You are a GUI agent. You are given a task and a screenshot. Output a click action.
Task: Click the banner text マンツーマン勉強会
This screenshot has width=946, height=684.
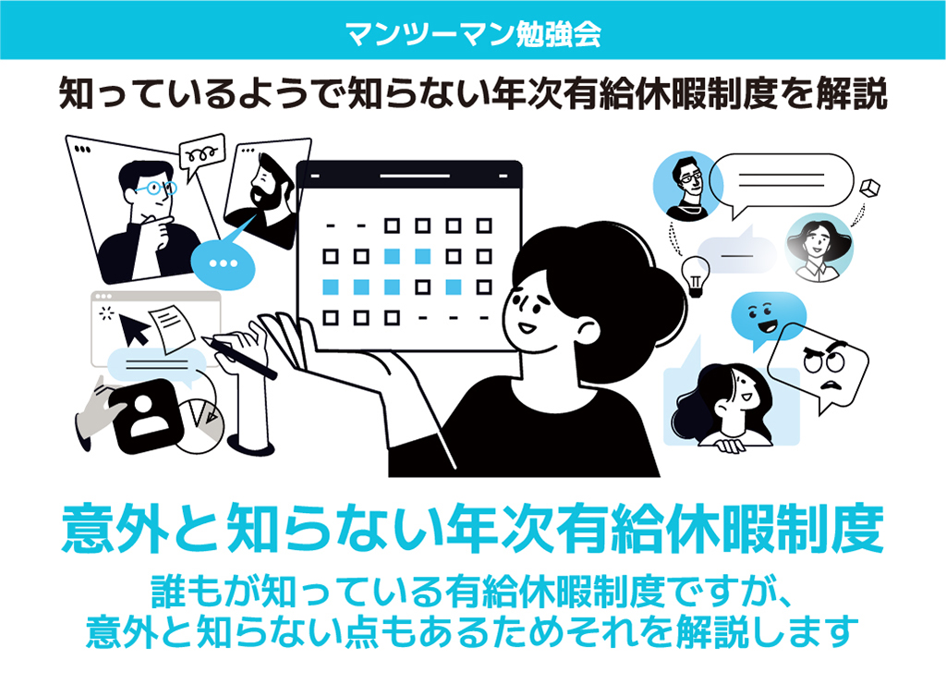click(x=474, y=32)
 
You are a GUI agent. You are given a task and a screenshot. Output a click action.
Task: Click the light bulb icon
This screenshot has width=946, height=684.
click(x=695, y=275)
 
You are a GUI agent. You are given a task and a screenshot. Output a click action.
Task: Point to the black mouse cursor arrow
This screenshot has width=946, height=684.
click(x=135, y=328)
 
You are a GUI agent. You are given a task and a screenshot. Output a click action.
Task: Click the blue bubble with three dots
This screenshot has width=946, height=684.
click(x=224, y=263)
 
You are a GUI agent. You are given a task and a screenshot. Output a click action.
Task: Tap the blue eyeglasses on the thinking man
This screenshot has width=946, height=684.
click(x=155, y=188)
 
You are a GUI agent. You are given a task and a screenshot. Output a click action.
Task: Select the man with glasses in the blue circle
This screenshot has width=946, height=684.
click(x=687, y=185)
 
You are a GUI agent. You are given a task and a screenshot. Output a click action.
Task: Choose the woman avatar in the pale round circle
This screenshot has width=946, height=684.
click(x=819, y=248)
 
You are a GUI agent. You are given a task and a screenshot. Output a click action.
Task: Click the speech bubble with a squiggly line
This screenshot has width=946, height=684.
click(x=202, y=155)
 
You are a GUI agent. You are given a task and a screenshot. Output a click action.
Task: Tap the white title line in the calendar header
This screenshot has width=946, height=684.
click(x=415, y=177)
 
